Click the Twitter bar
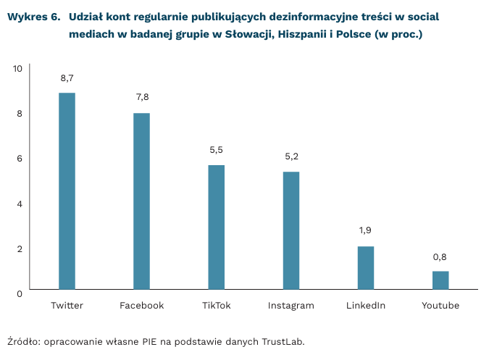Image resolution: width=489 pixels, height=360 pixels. click(x=67, y=192)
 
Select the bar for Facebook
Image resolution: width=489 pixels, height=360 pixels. click(x=141, y=202)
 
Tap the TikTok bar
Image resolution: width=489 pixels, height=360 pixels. click(x=217, y=228)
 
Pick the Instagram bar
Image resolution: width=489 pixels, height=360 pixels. click(x=291, y=231)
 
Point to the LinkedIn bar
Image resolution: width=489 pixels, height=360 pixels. click(x=366, y=269)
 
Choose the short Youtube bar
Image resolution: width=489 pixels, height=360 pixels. click(x=440, y=281)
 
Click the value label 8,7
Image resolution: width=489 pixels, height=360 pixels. click(x=67, y=78)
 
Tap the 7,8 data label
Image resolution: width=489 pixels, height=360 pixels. click(x=142, y=97)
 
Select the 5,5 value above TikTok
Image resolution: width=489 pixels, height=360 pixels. click(x=217, y=150)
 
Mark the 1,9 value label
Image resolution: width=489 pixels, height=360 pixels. click(x=366, y=230)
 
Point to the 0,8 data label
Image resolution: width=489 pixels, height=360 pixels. click(x=440, y=256)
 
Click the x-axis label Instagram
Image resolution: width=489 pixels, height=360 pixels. click(x=291, y=306)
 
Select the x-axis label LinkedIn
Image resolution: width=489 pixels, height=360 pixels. click(x=366, y=306)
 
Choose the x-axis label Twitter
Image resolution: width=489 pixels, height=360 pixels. click(x=67, y=306)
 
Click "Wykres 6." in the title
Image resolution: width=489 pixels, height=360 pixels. click(x=33, y=16)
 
